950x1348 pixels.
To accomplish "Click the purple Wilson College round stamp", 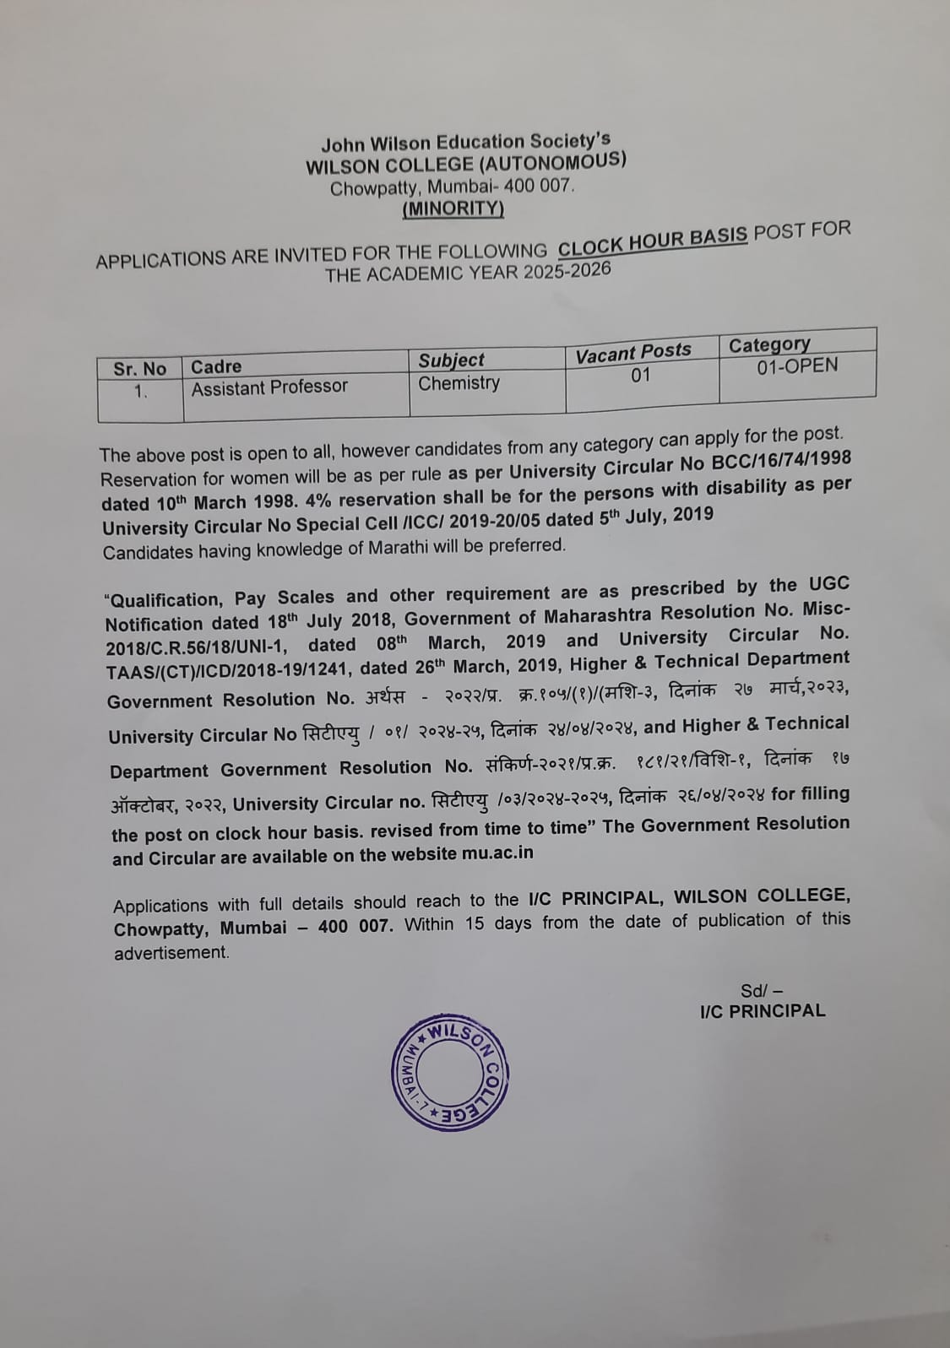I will (x=451, y=1072).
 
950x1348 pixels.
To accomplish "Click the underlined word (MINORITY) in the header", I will (x=453, y=208).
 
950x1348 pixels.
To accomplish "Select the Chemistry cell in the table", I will (x=459, y=383).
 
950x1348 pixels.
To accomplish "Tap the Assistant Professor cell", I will (x=269, y=387).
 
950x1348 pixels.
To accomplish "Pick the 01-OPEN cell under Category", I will (x=797, y=366).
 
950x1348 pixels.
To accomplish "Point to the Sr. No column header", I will (x=140, y=369).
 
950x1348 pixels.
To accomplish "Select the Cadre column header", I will (x=216, y=366).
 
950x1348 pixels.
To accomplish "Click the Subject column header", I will (x=452, y=360).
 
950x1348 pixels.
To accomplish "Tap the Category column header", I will (x=769, y=344).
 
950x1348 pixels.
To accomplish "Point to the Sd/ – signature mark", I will (x=762, y=990).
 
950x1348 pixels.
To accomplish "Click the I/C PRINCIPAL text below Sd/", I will (x=763, y=1011).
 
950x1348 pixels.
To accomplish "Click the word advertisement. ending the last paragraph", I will (x=172, y=953).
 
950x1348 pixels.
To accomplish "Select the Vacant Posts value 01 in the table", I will (x=641, y=375).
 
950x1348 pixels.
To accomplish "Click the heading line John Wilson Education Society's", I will (x=465, y=142).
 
